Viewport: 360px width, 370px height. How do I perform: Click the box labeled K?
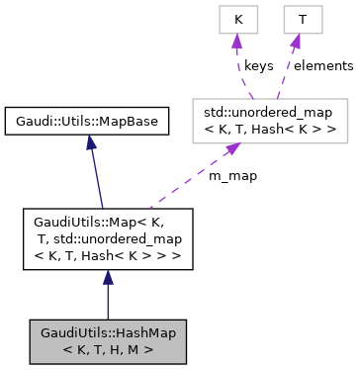pos(237,19)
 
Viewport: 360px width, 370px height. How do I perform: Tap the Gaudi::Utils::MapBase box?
pos(85,122)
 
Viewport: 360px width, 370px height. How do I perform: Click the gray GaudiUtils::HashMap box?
pos(107,339)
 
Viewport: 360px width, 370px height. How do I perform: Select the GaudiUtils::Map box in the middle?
pos(107,238)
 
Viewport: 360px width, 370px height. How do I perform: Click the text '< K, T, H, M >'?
pos(107,348)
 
